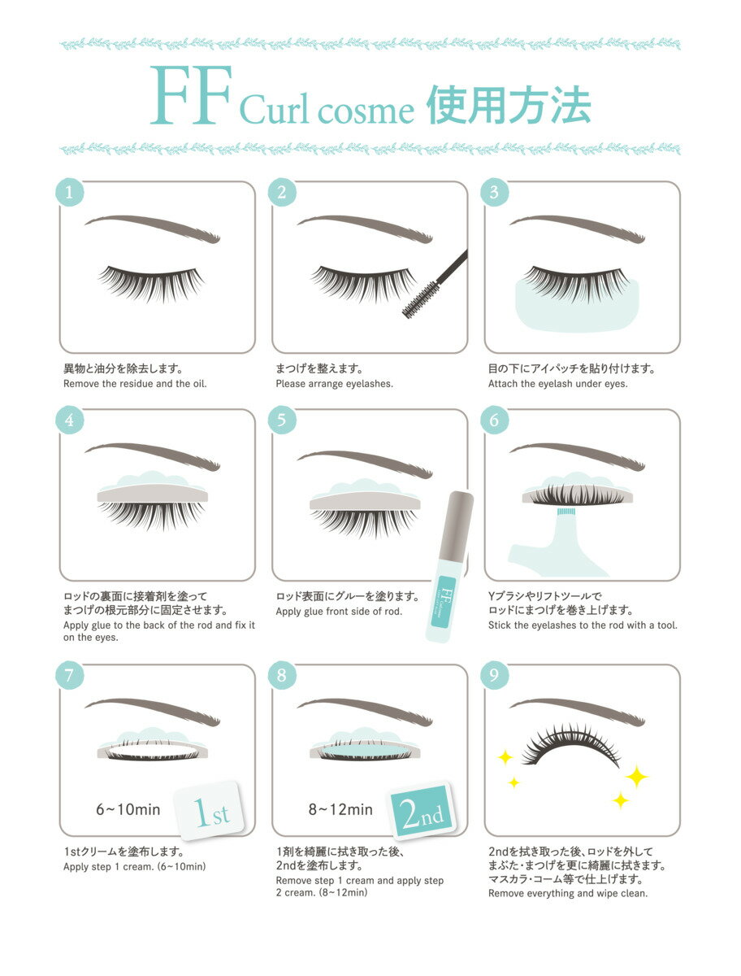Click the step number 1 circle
(69, 192)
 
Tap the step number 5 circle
(281, 420)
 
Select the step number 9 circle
(494, 675)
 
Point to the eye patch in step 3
(576, 307)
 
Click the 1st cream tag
(210, 810)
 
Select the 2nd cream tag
(422, 811)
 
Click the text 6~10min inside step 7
(128, 809)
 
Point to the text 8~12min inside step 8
(340, 809)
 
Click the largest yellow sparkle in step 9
(636, 777)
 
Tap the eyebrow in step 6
(577, 456)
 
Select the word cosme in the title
(366, 111)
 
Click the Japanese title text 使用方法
(509, 104)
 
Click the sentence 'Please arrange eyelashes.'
(334, 384)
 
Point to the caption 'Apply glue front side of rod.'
(339, 612)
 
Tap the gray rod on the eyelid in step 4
(152, 494)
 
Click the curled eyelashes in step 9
(570, 745)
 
